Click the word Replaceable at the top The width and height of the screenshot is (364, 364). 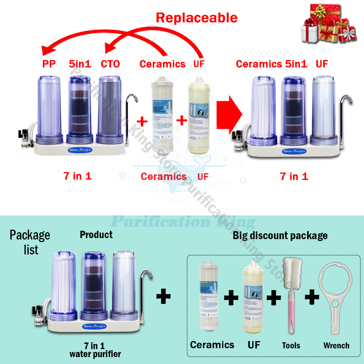197,17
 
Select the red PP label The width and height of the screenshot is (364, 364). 49,64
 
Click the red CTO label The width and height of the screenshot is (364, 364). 110,64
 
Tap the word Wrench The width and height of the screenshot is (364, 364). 336,345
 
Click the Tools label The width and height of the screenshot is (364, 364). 291,345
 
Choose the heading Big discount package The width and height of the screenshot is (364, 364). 280,236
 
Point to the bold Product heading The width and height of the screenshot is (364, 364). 96,235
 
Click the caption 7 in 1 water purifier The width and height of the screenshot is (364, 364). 96,350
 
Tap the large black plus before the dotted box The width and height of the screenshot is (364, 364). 163,297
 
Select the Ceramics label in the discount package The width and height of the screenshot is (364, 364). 212,344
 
